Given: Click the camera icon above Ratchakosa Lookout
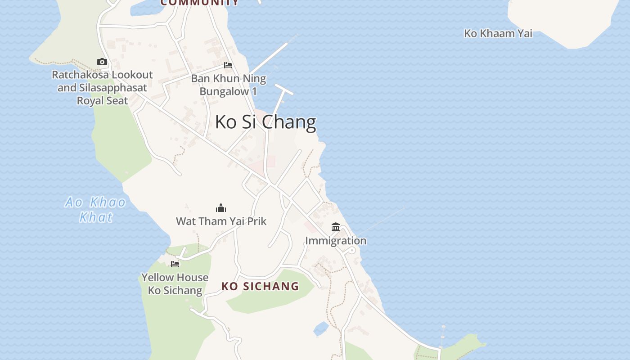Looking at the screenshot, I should pos(102,62).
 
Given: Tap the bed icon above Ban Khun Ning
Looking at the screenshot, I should pos(228,65).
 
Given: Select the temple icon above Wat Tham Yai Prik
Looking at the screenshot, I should pos(221,208).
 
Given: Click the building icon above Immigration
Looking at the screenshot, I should pos(336,227).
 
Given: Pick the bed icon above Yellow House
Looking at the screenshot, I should pos(175,264).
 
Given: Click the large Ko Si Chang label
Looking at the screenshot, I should pos(265,122).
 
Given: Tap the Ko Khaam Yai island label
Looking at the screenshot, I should pos(498,33).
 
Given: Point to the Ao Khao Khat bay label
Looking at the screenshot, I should pos(95,209).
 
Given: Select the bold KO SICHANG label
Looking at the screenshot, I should pos(260,286).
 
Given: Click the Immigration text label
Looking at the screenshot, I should pos(336,241).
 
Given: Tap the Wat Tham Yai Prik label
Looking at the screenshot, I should pos(221,221).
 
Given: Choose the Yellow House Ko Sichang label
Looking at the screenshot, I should pos(175,283).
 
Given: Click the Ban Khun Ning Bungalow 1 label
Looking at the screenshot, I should pos(228,85).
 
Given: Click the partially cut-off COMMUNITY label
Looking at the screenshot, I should pos(200,3).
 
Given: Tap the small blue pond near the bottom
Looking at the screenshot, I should pos(321,328).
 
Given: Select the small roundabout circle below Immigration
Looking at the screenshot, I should pos(352,251).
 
